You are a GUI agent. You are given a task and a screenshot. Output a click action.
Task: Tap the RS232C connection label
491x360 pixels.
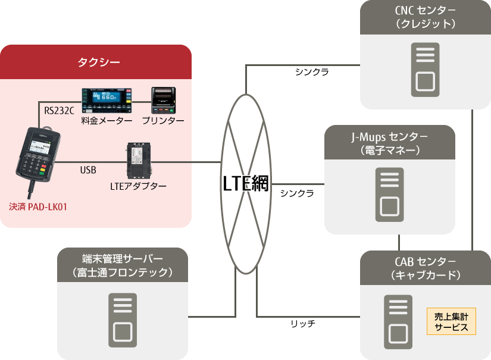(x=60, y=110)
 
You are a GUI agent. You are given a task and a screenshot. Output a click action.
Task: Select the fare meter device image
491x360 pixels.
(x=107, y=101)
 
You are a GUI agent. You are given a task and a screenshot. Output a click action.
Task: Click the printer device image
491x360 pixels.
(x=164, y=101)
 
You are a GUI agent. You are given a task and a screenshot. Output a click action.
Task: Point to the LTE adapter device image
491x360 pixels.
(x=137, y=161)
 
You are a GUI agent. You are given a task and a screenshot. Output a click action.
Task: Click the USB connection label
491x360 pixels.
(x=88, y=170)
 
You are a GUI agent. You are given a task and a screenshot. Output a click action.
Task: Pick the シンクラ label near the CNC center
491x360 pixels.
(x=312, y=71)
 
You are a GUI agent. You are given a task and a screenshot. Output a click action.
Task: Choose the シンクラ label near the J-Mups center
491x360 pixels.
(x=297, y=193)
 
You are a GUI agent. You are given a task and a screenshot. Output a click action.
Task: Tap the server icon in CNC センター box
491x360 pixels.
(x=425, y=69)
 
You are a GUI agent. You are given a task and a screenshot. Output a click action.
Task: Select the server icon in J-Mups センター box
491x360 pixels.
(x=389, y=194)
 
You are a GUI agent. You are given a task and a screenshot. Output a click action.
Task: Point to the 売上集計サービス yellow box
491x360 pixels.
(x=451, y=322)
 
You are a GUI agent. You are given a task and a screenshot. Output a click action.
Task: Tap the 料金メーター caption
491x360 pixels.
(x=107, y=121)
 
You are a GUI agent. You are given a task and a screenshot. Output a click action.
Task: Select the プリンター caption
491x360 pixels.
(x=162, y=121)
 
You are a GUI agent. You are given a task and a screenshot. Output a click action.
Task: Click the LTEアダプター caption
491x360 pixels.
(x=138, y=186)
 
